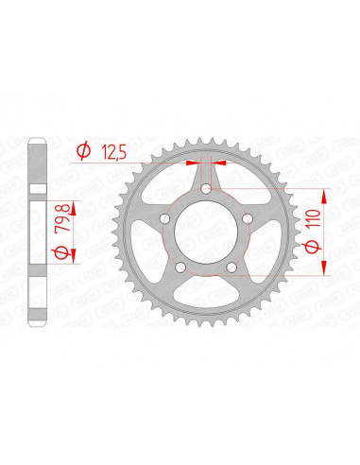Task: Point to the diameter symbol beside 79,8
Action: (x=59, y=256)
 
